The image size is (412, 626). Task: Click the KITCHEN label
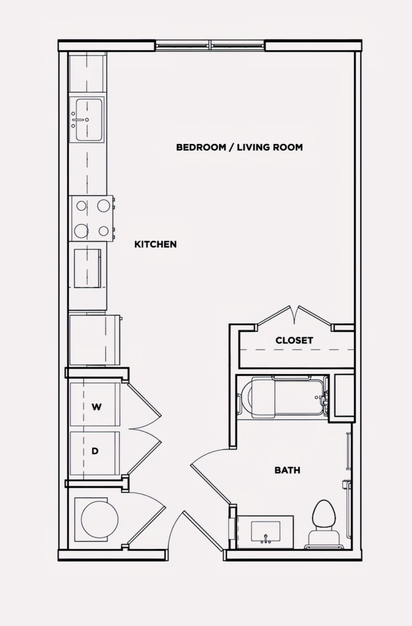[x=155, y=244]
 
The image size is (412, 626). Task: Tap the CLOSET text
[x=294, y=340]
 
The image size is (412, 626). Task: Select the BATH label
[x=287, y=470]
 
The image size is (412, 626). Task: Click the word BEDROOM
[x=201, y=147]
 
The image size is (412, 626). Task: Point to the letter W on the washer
[x=96, y=407]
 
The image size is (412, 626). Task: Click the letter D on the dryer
[x=95, y=451]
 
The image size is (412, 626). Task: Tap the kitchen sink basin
[x=89, y=119]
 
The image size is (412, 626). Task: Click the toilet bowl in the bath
[x=323, y=513]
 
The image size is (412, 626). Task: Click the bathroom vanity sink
[x=265, y=531]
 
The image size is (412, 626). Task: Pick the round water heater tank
[x=100, y=519]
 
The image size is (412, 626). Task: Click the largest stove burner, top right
[x=103, y=206]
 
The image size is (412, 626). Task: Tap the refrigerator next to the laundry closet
[x=95, y=340]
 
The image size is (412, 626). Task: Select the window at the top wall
[x=210, y=45]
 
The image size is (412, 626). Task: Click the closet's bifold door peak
[x=294, y=314]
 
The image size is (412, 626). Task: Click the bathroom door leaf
[x=210, y=484]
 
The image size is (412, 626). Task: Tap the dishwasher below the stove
[x=88, y=268]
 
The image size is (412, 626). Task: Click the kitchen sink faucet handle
[x=80, y=119]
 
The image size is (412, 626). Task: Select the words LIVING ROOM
[x=270, y=147]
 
